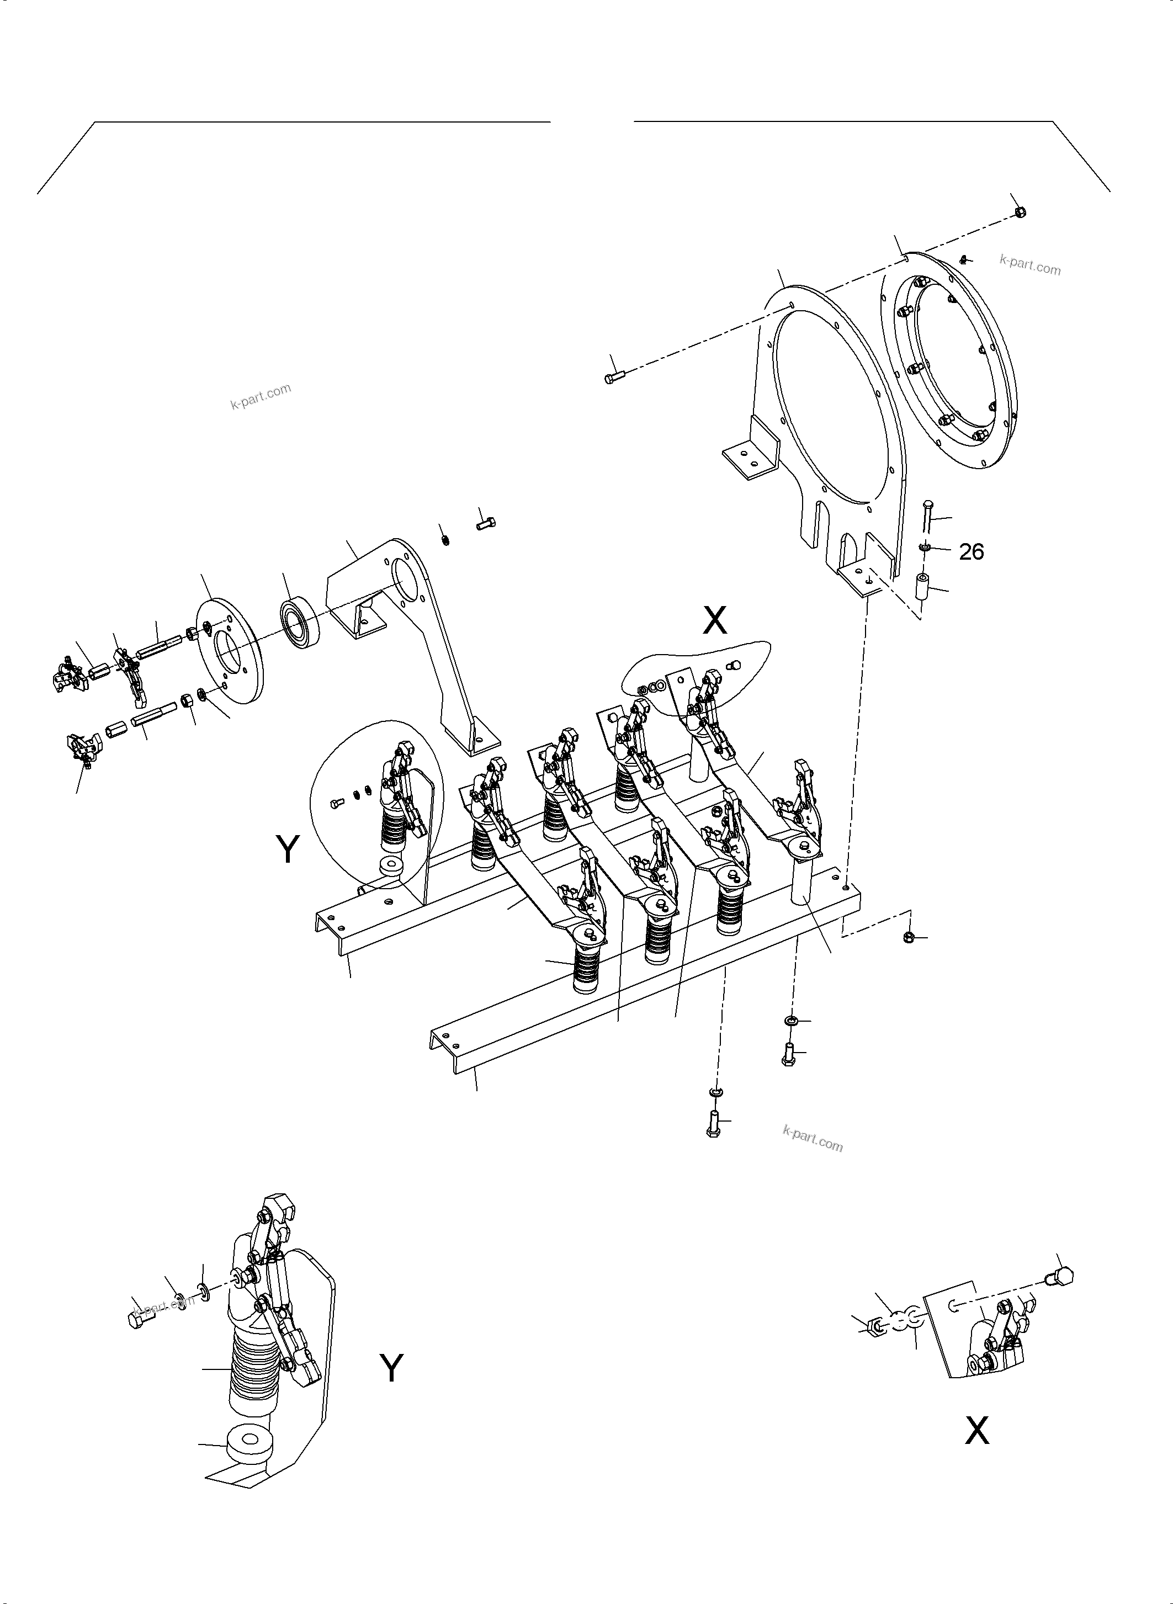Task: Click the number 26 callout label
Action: pyautogui.click(x=972, y=552)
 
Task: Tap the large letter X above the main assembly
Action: pyautogui.click(x=714, y=620)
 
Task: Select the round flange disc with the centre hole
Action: pyautogui.click(x=229, y=652)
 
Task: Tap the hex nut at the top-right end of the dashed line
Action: pyautogui.click(x=1020, y=211)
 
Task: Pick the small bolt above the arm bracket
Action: pyautogui.click(x=486, y=524)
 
